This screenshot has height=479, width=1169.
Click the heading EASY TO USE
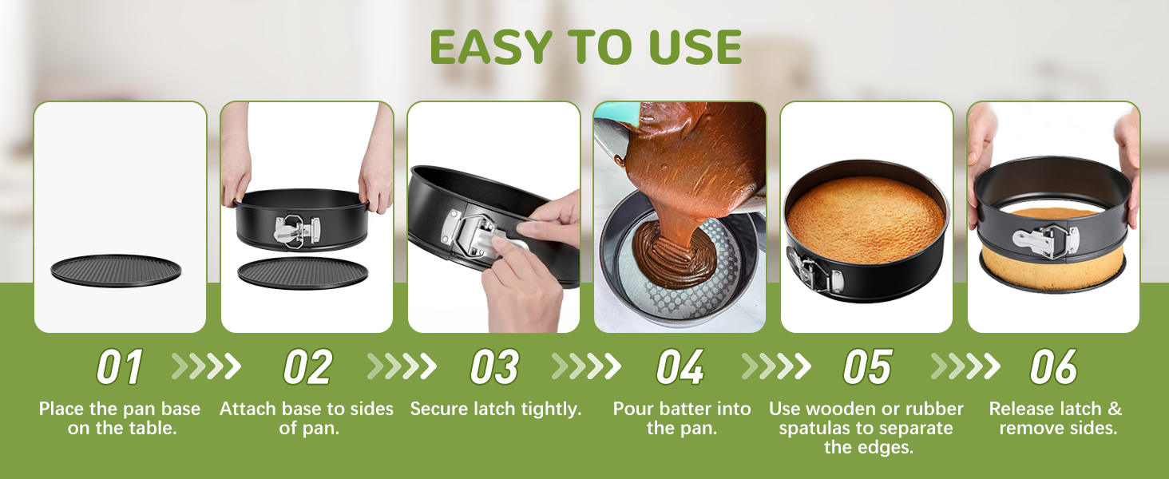pos(585,48)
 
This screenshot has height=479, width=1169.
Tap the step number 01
pos(120,368)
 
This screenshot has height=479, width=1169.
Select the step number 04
pos(680,368)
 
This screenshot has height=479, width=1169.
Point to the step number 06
pos(1053,368)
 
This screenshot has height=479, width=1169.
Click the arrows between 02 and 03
pos(402,366)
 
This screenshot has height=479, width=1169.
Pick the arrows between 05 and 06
pos(965,366)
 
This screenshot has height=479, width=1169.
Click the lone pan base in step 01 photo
pos(117,271)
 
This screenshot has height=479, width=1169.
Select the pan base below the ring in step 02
pos(303,272)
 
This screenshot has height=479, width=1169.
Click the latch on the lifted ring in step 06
pos(1044,239)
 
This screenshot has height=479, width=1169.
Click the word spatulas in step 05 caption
pos(815,429)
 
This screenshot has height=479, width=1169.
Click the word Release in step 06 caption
pos(1021,410)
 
